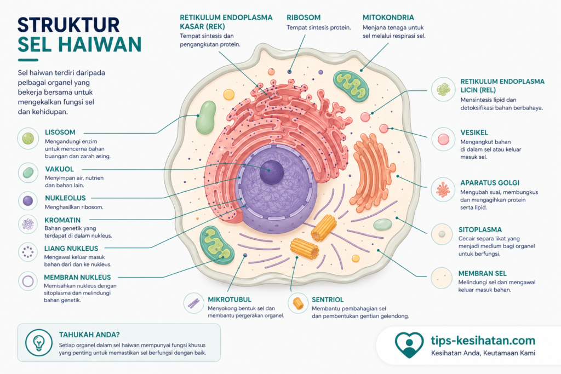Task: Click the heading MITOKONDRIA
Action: [x=388, y=18]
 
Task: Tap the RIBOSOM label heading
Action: [x=304, y=18]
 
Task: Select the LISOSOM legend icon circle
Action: [x=28, y=139]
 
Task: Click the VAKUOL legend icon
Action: [x=28, y=172]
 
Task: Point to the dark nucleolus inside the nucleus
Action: [x=272, y=172]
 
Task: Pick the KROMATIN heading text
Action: [x=62, y=220]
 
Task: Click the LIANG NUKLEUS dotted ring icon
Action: [x=27, y=252]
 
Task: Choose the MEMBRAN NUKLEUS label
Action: [x=77, y=278]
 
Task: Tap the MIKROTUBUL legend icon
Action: [x=193, y=303]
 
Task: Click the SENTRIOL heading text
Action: [x=328, y=300]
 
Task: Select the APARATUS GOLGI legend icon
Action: [x=443, y=189]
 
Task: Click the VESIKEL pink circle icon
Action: [x=443, y=139]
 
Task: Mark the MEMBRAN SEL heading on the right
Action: [x=482, y=274]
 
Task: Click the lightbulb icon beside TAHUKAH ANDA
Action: [x=39, y=343]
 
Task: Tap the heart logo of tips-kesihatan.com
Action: [x=409, y=344]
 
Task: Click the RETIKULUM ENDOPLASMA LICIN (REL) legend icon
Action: [x=443, y=89]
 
